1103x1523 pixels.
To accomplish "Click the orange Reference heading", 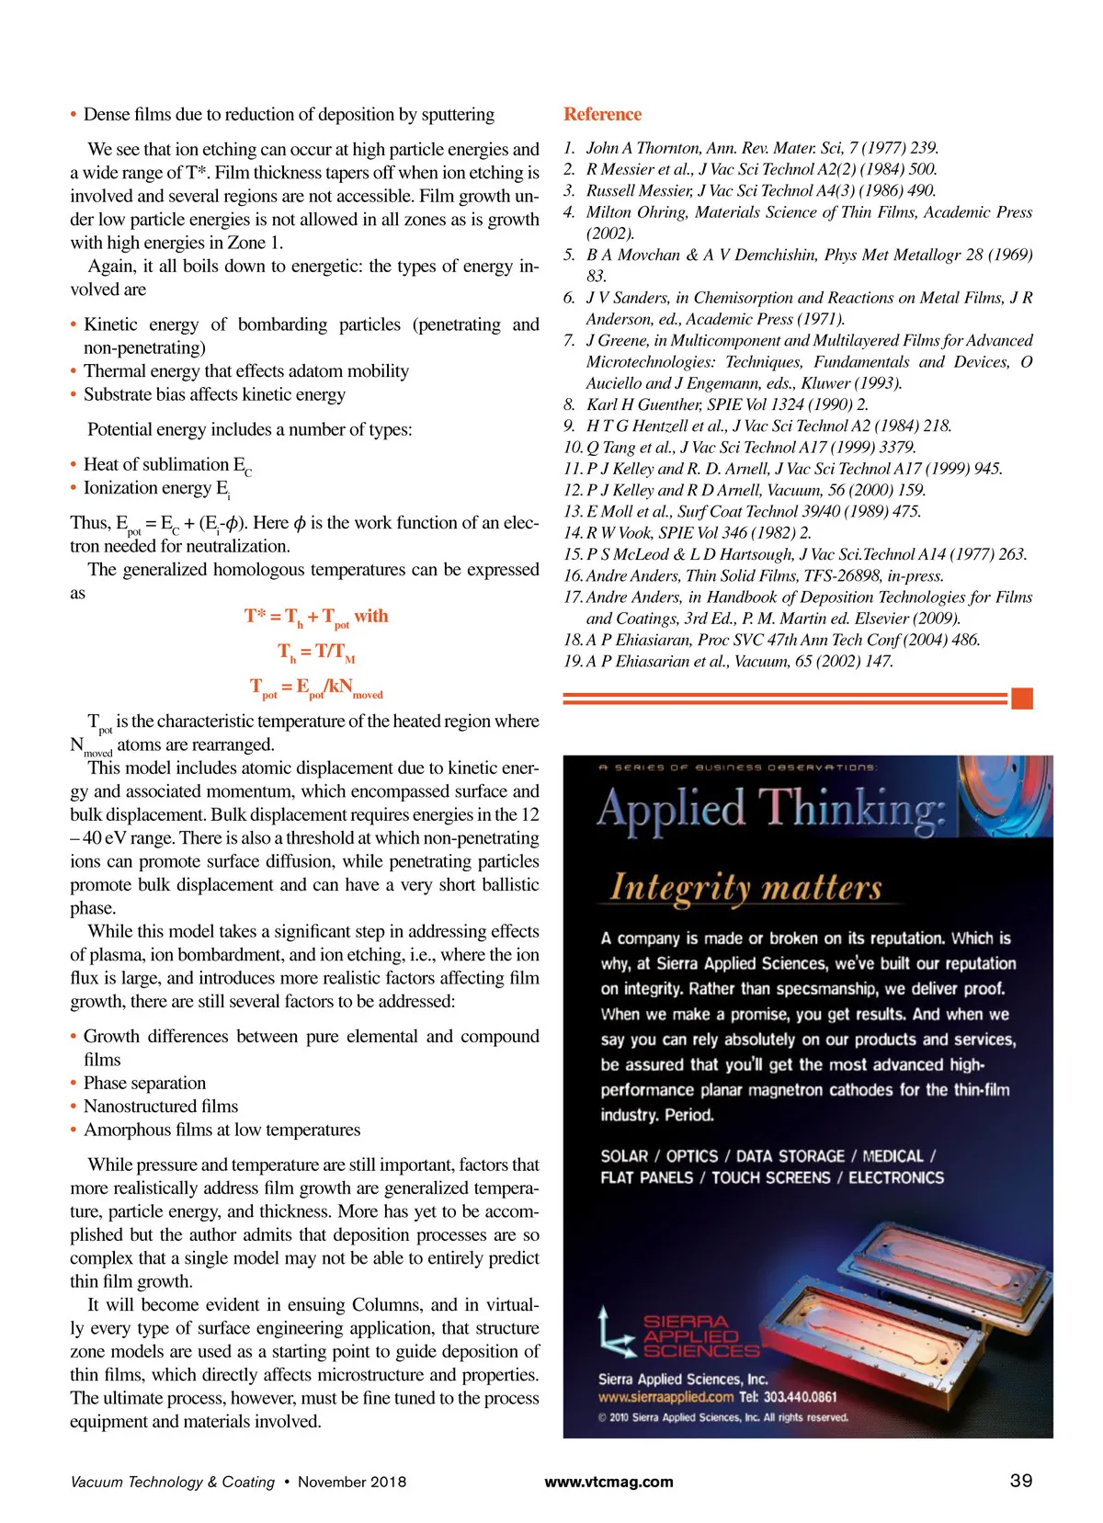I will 602,114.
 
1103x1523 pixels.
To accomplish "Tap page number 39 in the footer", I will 1021,1480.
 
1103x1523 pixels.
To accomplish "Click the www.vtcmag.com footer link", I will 608,1481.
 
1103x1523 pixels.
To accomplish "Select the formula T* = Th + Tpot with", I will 316,617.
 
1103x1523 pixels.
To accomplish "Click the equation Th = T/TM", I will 316,653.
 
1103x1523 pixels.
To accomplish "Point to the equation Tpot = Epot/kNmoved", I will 316,688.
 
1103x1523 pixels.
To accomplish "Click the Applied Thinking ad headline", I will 770,810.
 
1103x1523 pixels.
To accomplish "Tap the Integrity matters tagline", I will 745,887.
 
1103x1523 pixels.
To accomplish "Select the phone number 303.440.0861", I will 788,1396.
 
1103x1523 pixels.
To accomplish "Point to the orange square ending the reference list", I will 1021,699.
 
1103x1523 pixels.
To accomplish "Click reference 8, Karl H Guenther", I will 726,404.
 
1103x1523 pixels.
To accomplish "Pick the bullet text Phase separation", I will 144,1083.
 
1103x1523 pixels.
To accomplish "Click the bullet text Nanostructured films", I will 160,1106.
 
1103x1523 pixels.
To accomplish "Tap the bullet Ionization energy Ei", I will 155,488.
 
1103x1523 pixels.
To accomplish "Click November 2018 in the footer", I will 351,1482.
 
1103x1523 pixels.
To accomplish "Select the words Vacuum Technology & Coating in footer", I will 172,1482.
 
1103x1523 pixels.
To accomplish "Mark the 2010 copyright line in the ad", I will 722,1416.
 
